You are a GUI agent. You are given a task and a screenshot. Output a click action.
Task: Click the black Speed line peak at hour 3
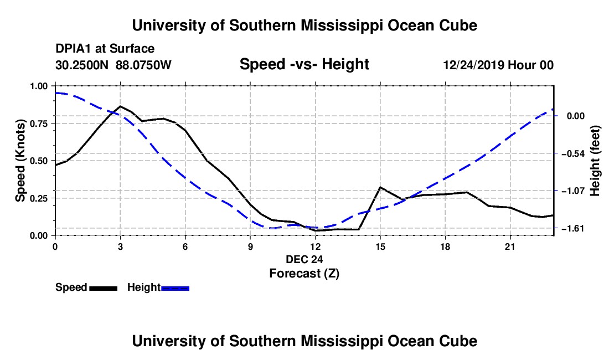(120, 106)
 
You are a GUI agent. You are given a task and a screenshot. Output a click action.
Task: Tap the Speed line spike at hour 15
(380, 187)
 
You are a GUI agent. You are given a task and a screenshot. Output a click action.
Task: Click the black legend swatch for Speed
(104, 288)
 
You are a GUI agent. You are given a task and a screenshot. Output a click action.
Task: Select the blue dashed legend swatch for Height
(175, 288)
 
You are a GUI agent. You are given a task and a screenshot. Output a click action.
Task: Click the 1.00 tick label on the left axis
(38, 86)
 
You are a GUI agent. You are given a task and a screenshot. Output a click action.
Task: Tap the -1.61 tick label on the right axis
(573, 228)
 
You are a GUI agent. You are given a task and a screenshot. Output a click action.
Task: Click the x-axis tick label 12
(316, 246)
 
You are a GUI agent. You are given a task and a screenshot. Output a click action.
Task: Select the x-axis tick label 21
(510, 246)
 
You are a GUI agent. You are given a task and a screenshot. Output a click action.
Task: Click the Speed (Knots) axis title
(20, 161)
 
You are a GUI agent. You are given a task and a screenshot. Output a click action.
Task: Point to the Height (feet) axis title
(595, 161)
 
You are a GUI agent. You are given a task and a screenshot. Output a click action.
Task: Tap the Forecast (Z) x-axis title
(304, 274)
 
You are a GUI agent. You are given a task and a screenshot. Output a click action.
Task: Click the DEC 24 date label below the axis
(304, 259)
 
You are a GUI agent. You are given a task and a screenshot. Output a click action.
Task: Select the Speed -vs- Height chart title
(304, 64)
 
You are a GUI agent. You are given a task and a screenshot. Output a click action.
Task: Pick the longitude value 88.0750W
(143, 65)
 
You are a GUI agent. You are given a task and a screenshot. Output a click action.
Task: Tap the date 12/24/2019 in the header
(474, 65)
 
